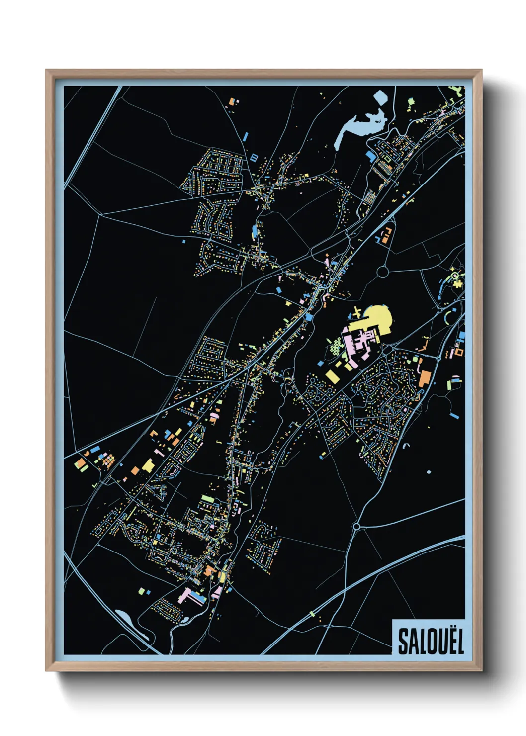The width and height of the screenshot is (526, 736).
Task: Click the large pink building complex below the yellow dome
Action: tap(360, 343)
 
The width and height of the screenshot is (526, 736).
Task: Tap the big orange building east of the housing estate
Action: tap(424, 378)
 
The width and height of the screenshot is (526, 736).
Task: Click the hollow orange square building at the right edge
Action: tap(459, 352)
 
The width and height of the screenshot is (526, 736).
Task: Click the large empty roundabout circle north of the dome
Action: tap(383, 272)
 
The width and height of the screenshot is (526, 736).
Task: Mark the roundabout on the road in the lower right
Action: tap(356, 526)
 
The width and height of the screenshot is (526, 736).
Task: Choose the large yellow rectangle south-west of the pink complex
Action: tap(332, 376)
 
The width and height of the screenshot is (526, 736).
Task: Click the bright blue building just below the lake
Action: tap(370, 156)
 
